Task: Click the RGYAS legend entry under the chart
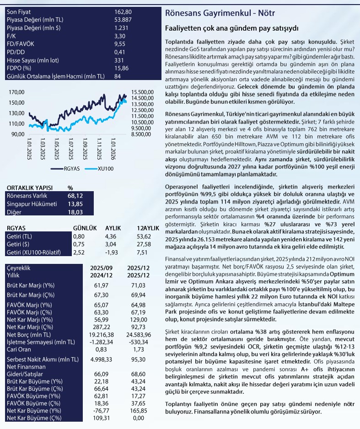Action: [x=67, y=168]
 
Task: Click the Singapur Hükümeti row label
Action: [x=30, y=204]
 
